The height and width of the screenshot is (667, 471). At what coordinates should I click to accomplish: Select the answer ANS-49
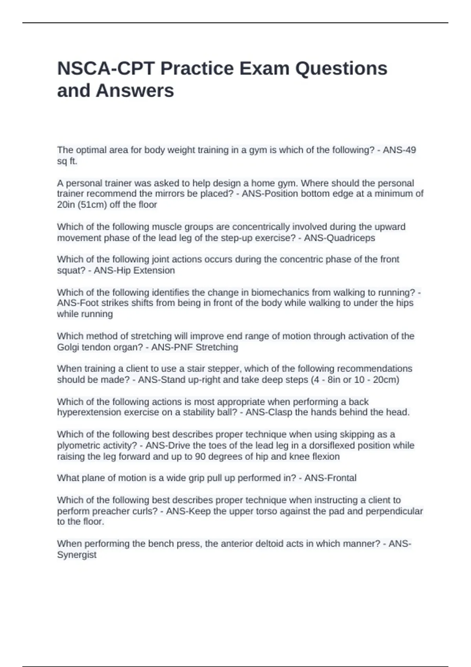(x=399, y=150)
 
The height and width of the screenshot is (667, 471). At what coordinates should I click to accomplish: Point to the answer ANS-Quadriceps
(x=340, y=238)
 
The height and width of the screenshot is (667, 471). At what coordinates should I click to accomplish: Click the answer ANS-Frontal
(x=330, y=478)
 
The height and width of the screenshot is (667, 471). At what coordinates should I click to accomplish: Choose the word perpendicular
(x=394, y=511)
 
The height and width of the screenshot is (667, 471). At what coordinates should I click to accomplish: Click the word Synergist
(x=77, y=555)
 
